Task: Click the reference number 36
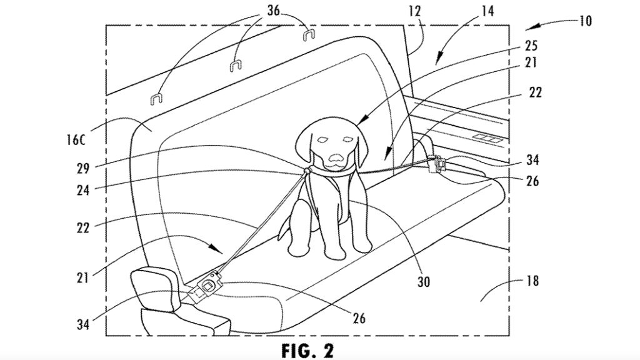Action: pyautogui.click(x=274, y=10)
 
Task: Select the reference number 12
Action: pyautogui.click(x=414, y=11)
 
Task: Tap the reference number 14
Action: pyautogui.click(x=487, y=11)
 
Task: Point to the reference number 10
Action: pyautogui.click(x=585, y=21)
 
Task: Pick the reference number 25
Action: pyautogui.click(x=531, y=45)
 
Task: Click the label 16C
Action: pyautogui.click(x=76, y=139)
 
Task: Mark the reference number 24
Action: pyautogui.click(x=83, y=190)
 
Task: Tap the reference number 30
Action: pyautogui.click(x=423, y=281)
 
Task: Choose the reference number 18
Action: pyautogui.click(x=532, y=281)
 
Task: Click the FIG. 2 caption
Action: pyautogui.click(x=307, y=350)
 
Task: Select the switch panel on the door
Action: pyautogui.click(x=487, y=139)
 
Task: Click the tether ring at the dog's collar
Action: pyautogui.click(x=306, y=170)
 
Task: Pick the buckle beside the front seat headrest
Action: pyautogui.click(x=206, y=286)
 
